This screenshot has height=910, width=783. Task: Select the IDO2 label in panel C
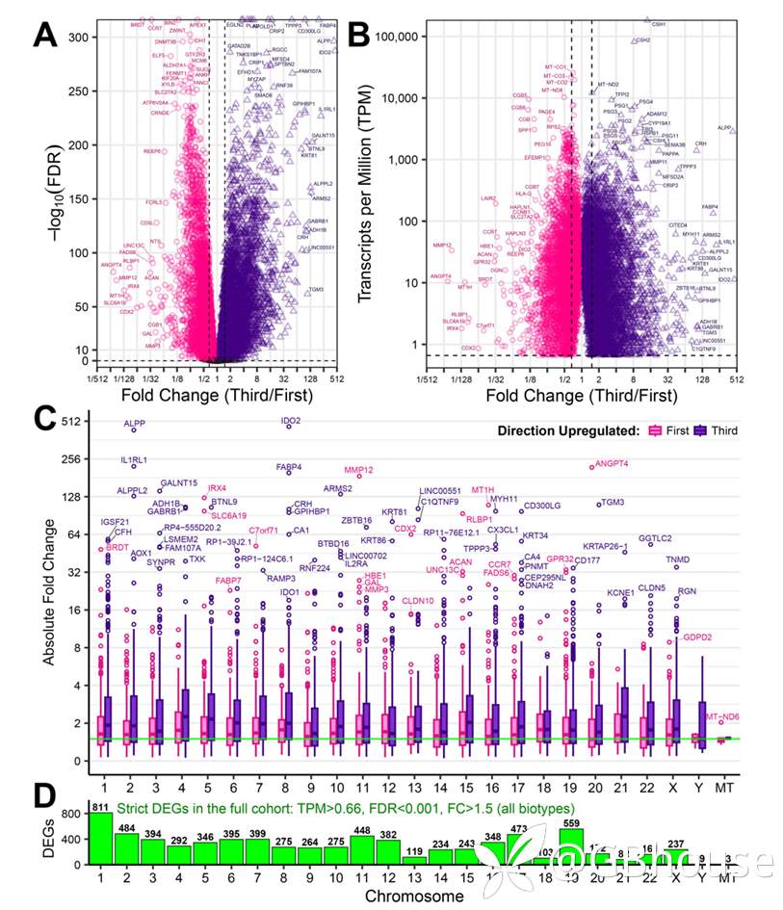290,421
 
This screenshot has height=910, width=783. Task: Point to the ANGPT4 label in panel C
612,464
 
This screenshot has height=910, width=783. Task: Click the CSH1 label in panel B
659,23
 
